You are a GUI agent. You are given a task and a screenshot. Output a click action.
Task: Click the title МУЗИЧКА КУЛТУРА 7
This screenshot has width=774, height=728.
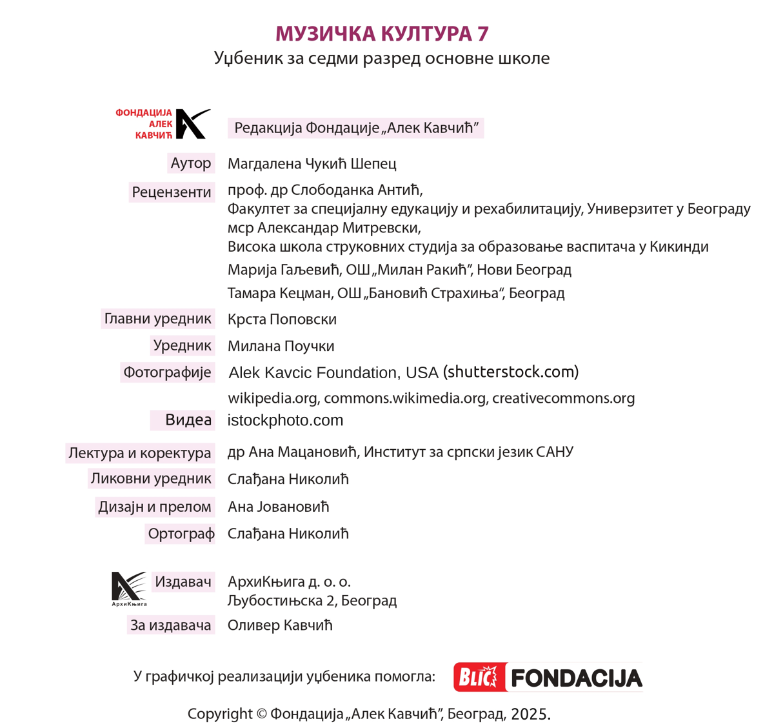[x=382, y=33]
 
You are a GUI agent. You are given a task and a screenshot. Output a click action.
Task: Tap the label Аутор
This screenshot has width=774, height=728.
[x=191, y=163]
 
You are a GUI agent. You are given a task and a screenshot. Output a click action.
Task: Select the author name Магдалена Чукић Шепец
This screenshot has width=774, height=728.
[x=312, y=164]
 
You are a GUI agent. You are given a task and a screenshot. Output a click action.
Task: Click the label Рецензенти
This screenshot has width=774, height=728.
[x=172, y=192]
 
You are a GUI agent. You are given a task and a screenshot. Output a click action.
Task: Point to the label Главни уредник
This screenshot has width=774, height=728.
[x=158, y=318]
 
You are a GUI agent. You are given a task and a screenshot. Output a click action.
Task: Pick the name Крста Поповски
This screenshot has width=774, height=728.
[x=282, y=319]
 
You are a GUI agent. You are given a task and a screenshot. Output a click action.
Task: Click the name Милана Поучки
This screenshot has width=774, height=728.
[x=281, y=346]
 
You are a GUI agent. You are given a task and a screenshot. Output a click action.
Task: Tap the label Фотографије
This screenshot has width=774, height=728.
[x=167, y=372]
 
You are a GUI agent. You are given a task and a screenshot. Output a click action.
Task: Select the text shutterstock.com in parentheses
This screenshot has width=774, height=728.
[x=510, y=372]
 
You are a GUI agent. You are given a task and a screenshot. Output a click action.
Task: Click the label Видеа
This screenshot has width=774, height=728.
[x=188, y=420]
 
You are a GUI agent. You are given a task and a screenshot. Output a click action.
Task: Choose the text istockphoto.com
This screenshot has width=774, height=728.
[x=285, y=420]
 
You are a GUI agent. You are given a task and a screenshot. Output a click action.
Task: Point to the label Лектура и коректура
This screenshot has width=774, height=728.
[x=139, y=452]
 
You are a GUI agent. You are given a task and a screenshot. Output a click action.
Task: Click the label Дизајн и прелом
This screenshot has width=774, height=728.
[x=155, y=507]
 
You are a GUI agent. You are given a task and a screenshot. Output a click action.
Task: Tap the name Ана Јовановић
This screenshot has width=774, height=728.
[x=278, y=507]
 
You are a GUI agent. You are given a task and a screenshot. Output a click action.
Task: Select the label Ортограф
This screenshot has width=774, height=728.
[x=181, y=534]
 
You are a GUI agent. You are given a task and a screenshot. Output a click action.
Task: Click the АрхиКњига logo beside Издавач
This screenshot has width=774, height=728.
[x=129, y=588]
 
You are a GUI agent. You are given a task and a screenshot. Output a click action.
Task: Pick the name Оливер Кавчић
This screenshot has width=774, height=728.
[x=280, y=625]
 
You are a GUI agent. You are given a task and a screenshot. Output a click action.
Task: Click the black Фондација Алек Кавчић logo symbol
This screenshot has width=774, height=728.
[x=192, y=123]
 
